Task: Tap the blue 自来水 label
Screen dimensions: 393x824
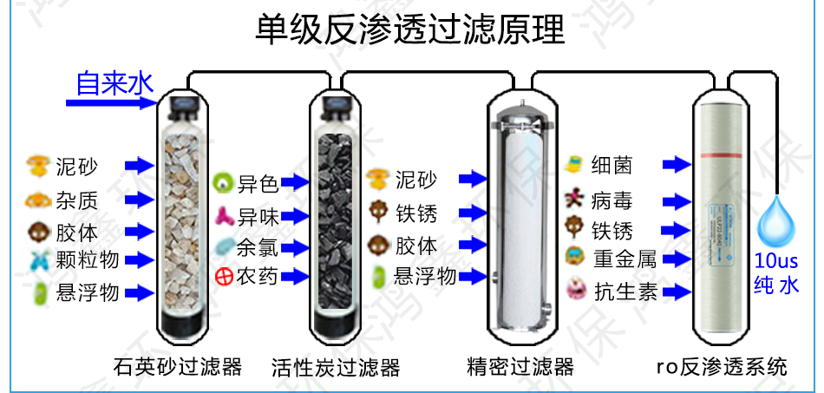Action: coord(114,83)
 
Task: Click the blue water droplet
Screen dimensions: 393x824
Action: coord(775,224)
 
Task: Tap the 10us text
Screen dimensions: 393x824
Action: coord(775,261)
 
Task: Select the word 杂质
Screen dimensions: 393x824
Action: coord(76,200)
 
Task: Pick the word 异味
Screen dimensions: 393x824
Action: coord(258,215)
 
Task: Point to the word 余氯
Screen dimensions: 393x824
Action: coord(258,246)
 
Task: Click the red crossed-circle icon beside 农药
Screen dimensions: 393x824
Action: coord(223,277)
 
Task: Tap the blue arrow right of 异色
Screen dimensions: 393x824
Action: coord(296,183)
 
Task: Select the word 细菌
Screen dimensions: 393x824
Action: coord(611,165)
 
